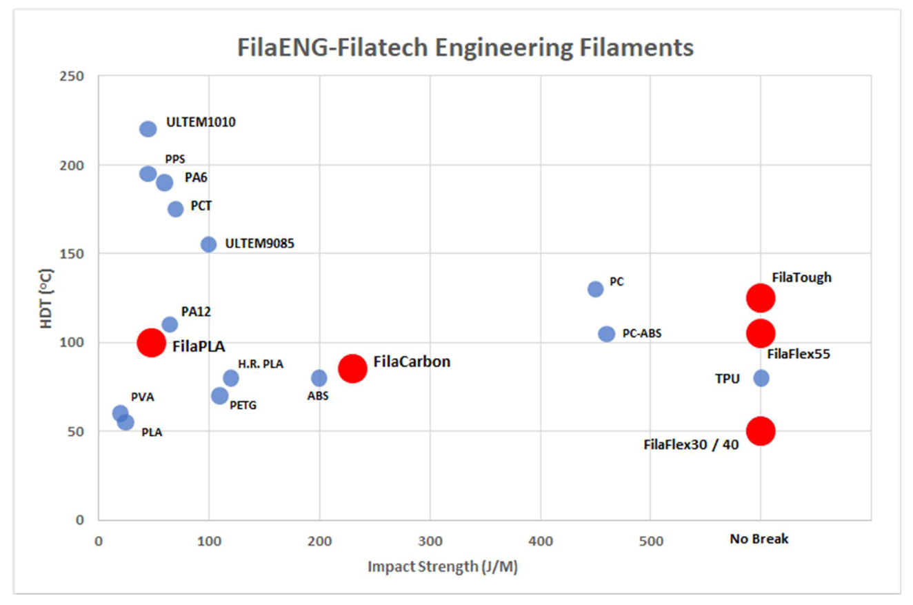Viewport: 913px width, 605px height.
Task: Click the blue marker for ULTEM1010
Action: (x=148, y=129)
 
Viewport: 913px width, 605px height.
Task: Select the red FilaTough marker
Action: (x=761, y=298)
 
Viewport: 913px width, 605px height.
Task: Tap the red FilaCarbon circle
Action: (x=352, y=368)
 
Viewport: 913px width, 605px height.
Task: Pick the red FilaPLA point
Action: (x=151, y=342)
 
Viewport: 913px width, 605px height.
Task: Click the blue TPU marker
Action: (x=761, y=378)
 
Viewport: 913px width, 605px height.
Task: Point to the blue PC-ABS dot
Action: (x=606, y=334)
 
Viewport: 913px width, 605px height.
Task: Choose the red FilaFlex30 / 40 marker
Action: (x=761, y=430)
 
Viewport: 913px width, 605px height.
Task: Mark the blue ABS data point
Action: (x=319, y=378)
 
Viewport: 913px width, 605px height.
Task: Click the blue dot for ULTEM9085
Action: (x=208, y=244)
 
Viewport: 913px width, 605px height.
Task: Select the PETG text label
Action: (x=243, y=405)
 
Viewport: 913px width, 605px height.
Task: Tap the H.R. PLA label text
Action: (x=261, y=364)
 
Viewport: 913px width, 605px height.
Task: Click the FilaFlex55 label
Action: (x=799, y=355)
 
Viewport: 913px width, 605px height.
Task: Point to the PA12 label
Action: (x=196, y=312)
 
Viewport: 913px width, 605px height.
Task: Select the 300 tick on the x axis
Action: (x=430, y=540)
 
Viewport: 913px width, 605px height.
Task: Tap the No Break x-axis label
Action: (x=759, y=539)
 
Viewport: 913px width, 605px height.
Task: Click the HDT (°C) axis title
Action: (x=46, y=297)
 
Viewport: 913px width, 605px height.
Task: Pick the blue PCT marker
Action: (x=175, y=209)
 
